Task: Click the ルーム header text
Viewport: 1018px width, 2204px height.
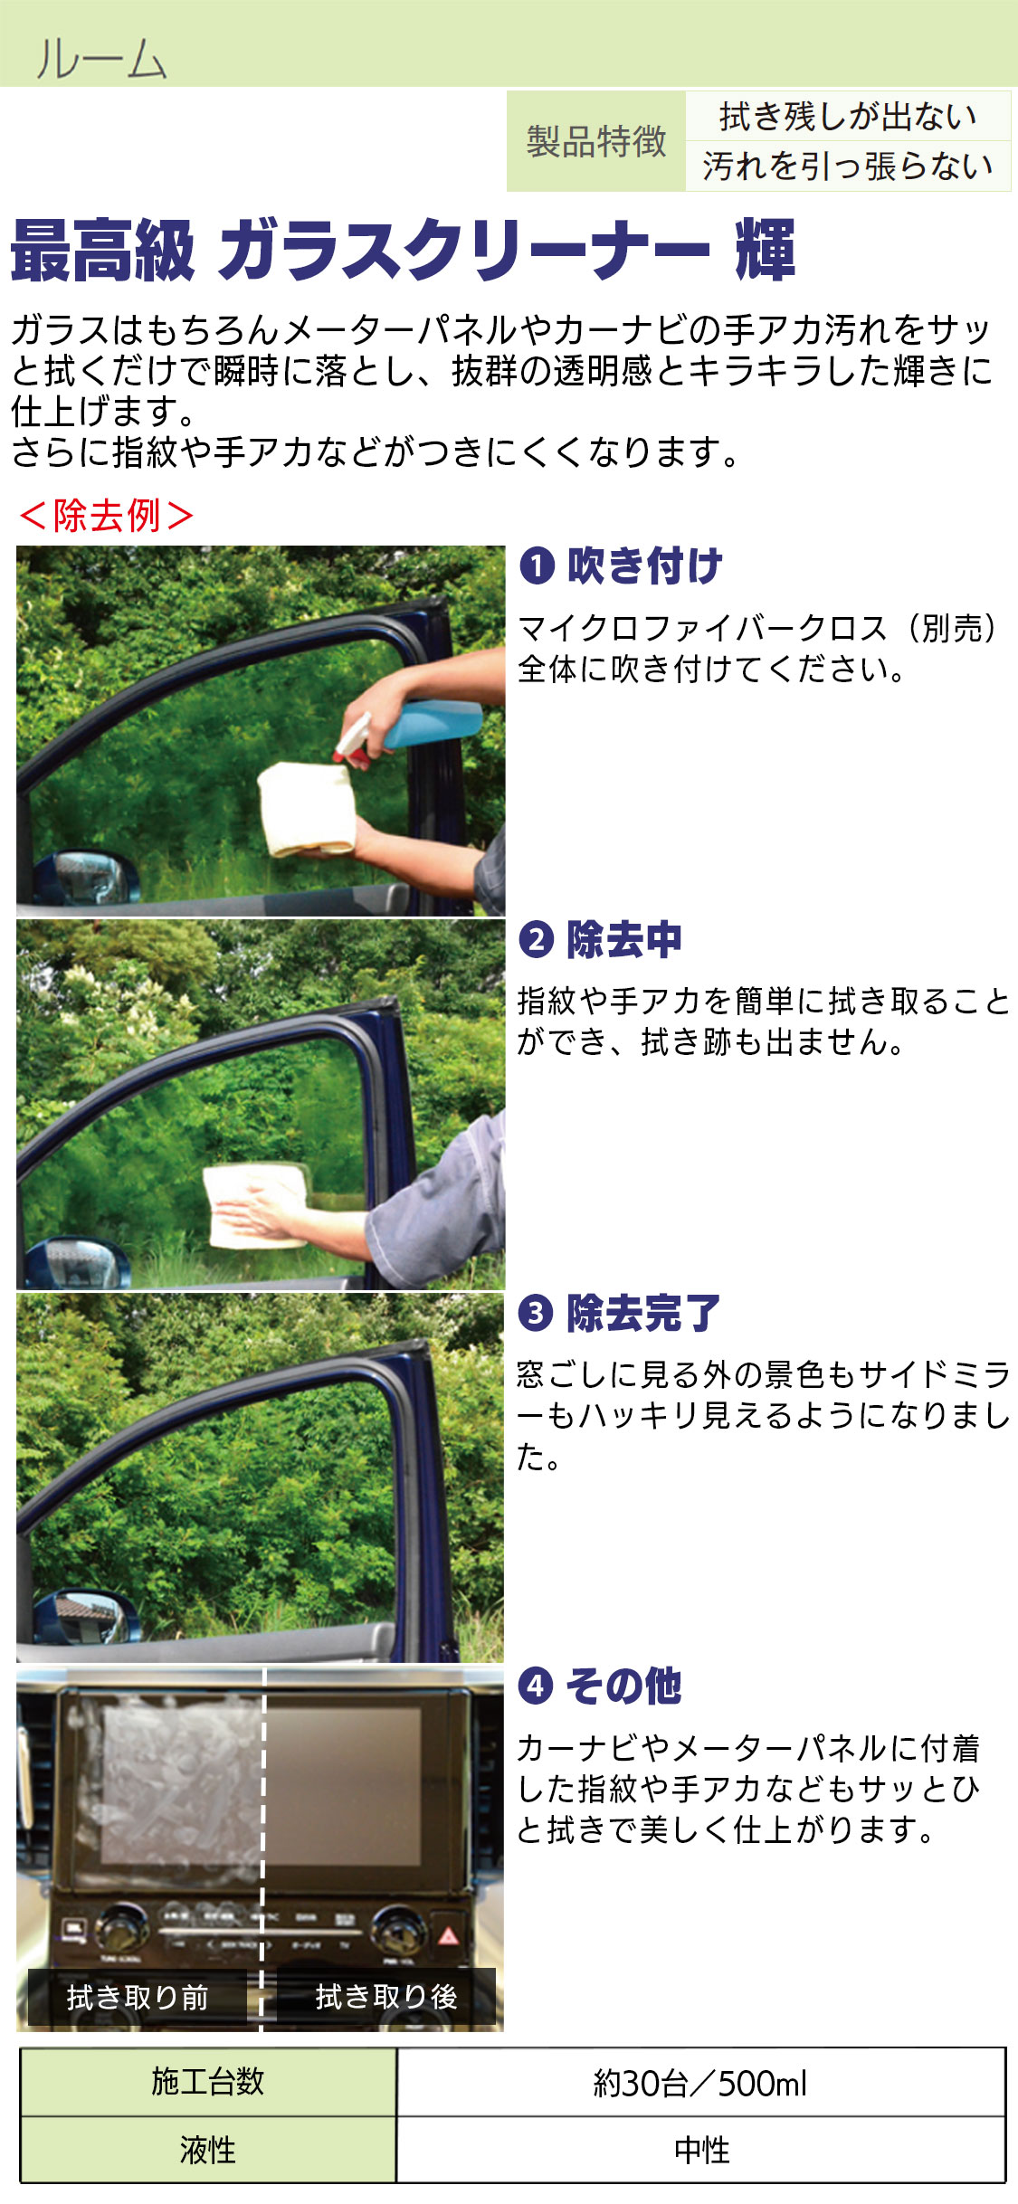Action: pos(101,59)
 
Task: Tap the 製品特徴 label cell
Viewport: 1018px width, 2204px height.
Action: pos(596,141)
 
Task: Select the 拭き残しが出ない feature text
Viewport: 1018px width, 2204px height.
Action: pos(848,116)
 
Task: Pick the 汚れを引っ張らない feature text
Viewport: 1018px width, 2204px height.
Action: pos(848,166)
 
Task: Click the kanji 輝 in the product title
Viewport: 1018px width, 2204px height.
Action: pos(766,250)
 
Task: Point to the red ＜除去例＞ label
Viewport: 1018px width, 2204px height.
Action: pos(106,516)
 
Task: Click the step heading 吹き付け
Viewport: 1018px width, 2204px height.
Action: pos(644,565)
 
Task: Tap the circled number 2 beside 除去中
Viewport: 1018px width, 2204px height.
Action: pos(536,939)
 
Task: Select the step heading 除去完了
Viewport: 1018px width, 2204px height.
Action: pos(643,1313)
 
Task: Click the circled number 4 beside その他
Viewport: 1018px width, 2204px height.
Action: pos(536,1686)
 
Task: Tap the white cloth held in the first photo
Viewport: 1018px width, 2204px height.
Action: pos(306,808)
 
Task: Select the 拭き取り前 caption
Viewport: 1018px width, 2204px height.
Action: pos(138,1997)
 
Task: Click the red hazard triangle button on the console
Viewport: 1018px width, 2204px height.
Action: pos(448,1935)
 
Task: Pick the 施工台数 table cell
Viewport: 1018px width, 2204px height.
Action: pos(208,2081)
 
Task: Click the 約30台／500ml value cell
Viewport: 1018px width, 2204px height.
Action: pos(700,2083)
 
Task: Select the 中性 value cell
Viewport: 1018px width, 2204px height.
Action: pos(700,2150)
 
